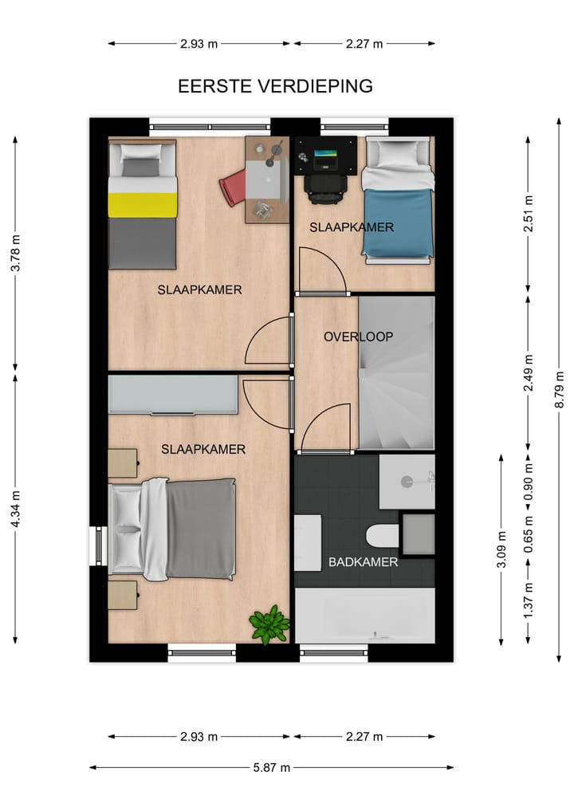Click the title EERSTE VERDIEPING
point(275,86)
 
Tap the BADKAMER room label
point(363,562)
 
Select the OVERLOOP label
point(358,337)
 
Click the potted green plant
point(269,624)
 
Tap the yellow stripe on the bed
point(142,204)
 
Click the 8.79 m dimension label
point(559,389)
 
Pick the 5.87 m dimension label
point(272,767)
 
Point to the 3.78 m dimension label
point(15,254)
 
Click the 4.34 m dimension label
point(15,507)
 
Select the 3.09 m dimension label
point(501,549)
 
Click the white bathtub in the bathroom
point(364,616)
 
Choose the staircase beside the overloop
point(396,373)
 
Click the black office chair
point(324,187)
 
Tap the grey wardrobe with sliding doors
point(173,395)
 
